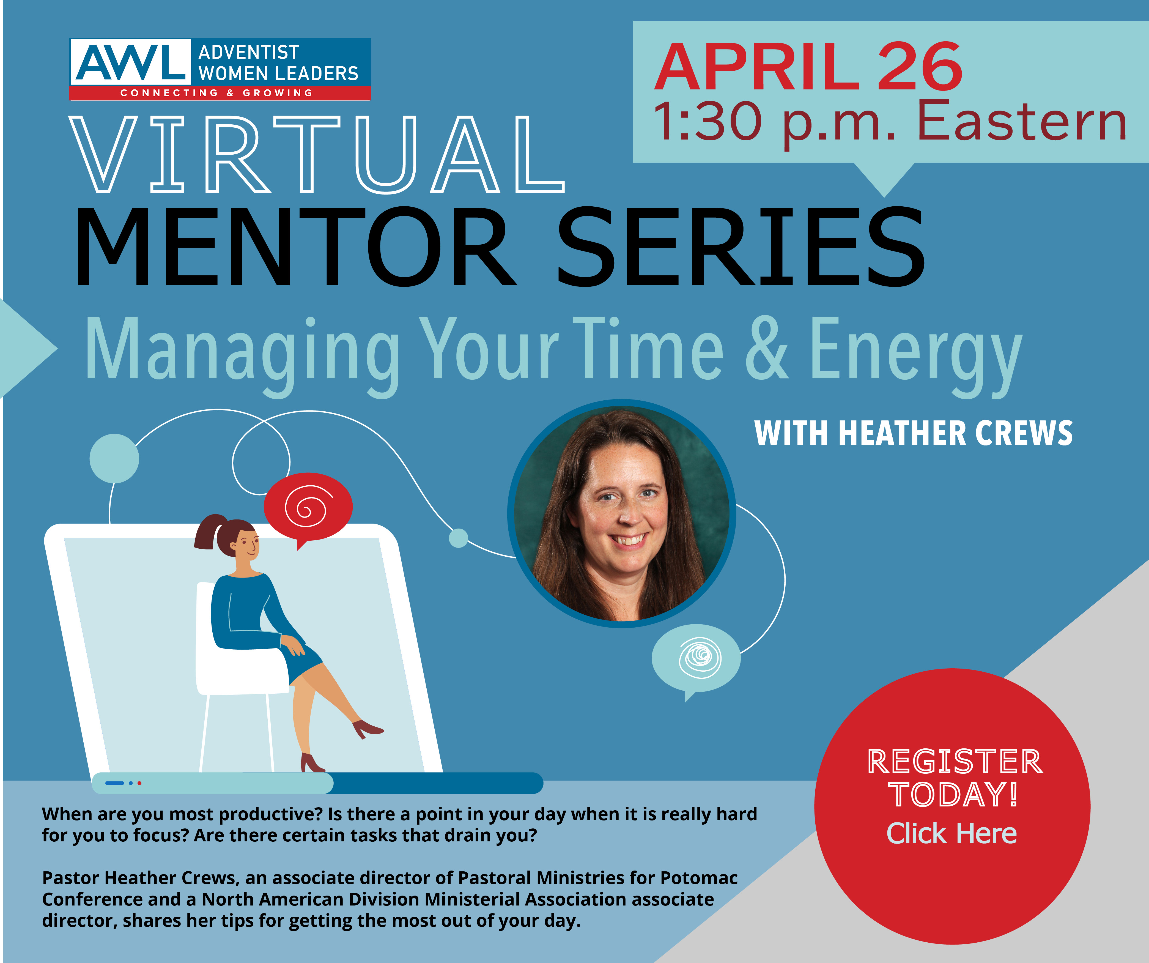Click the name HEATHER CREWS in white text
[x=955, y=433]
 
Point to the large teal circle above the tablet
[x=114, y=458]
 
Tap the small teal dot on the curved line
[x=459, y=538]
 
